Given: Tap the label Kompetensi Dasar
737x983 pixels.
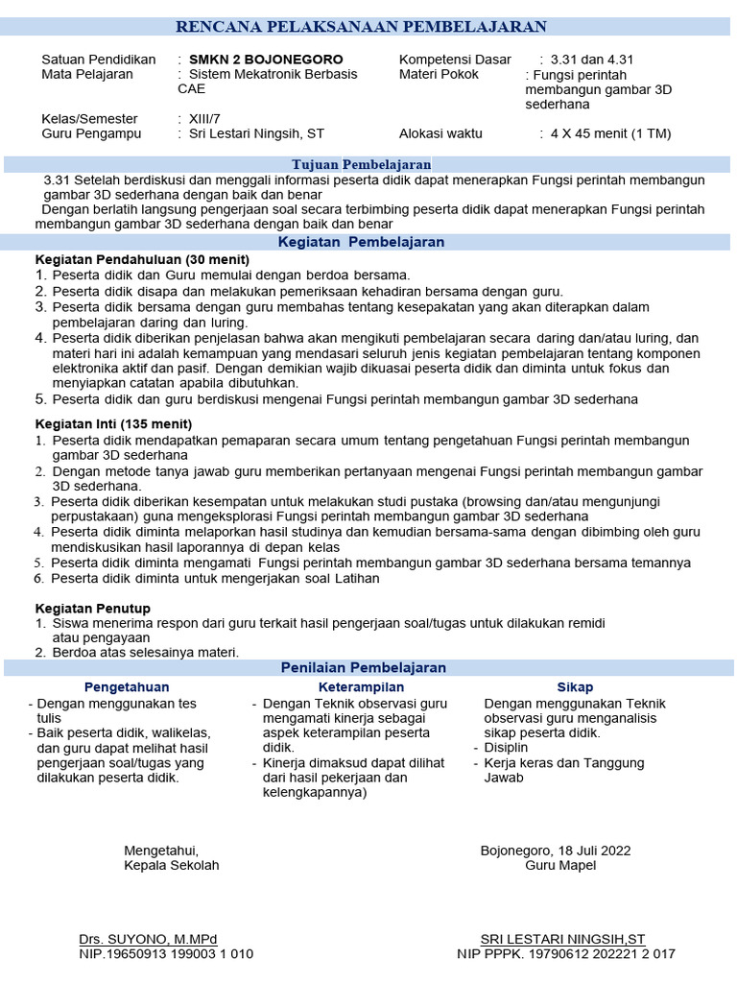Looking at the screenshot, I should [455, 60].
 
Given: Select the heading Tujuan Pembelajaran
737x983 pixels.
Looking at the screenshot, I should [361, 165].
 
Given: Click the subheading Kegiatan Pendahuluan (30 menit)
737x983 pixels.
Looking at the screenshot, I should [142, 259].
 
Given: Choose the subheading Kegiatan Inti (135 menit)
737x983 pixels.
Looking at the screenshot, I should [113, 423].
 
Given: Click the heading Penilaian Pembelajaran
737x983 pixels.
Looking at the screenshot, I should [363, 667].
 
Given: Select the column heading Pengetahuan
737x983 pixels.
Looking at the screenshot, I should [127, 687].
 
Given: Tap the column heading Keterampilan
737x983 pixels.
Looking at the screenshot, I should [361, 687].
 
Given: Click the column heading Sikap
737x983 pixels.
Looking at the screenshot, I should [575, 687].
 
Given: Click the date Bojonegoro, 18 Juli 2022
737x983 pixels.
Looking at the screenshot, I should [556, 850].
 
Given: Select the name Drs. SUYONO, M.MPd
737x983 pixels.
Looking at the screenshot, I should [148, 939].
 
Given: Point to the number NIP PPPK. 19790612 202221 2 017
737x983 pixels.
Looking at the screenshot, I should [566, 954].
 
